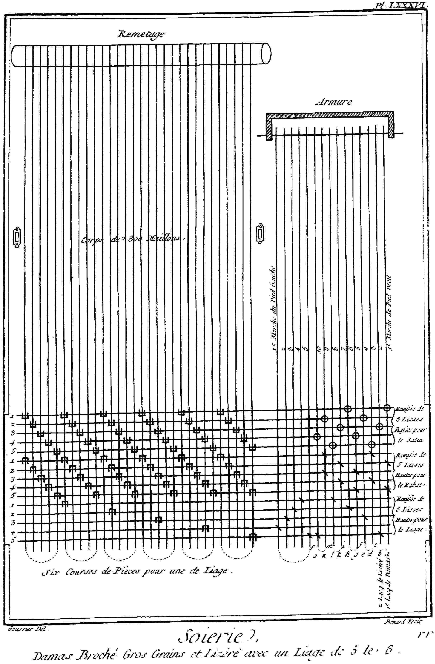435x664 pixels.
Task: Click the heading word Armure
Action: pos(333,102)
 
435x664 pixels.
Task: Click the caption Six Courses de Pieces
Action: pos(137,571)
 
